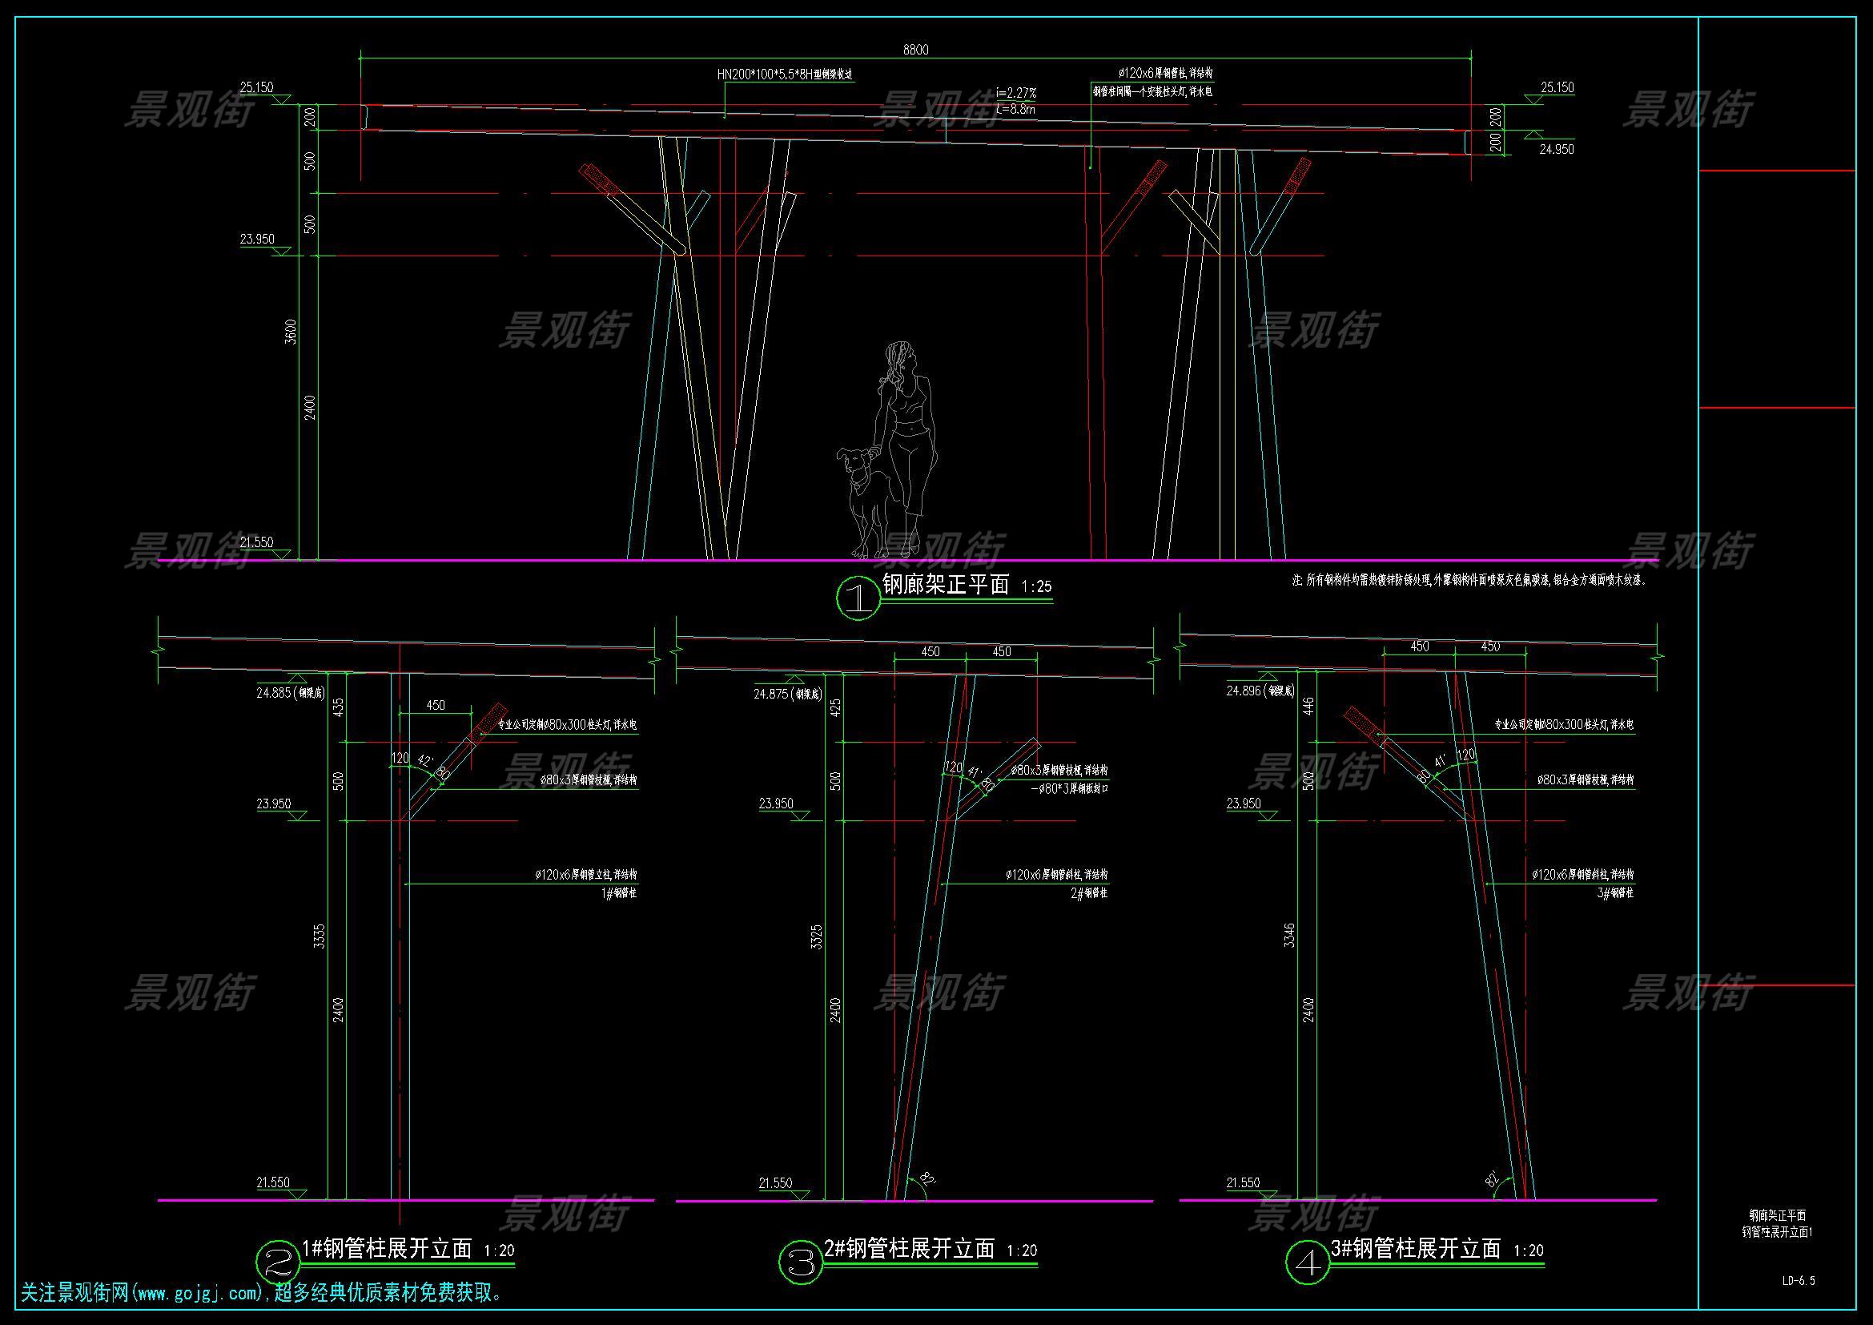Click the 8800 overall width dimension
click(x=915, y=50)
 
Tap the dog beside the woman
click(x=862, y=497)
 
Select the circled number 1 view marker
click(x=858, y=599)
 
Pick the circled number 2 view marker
click(x=277, y=1263)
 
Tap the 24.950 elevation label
click(x=1557, y=149)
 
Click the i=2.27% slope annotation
click(x=1015, y=94)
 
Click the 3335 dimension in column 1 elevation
click(x=320, y=936)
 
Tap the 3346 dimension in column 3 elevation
click(x=1289, y=936)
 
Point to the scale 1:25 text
click(x=1036, y=586)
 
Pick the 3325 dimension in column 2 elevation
click(x=817, y=936)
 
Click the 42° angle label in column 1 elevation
click(x=424, y=760)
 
